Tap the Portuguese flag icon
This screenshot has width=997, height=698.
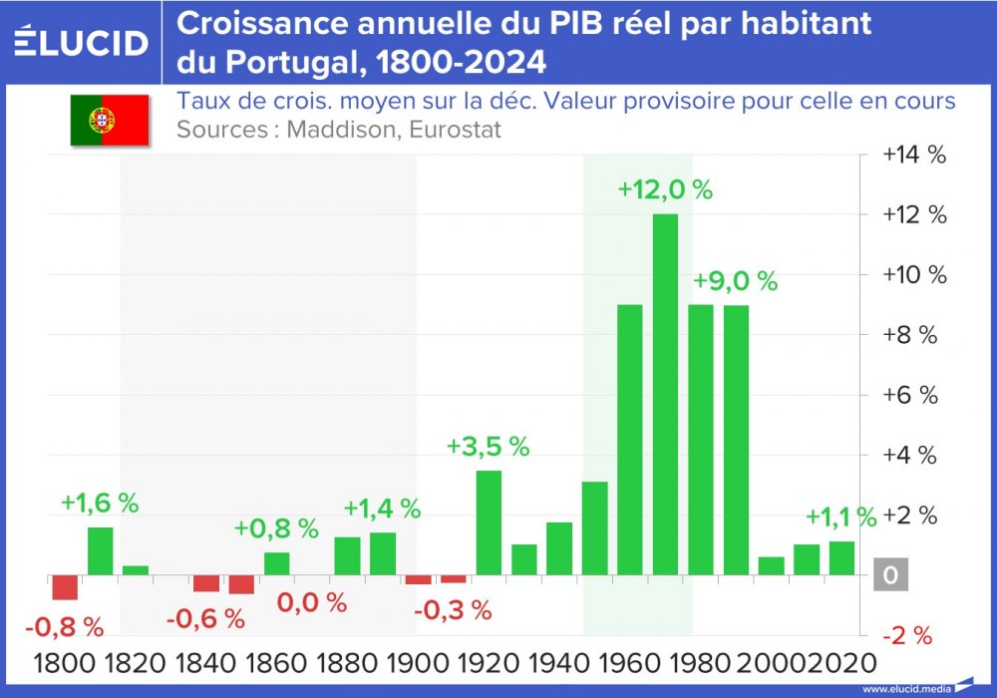109,121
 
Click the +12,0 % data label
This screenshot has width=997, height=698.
665,189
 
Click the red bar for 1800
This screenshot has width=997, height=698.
65,587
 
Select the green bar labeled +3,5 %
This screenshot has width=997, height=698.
489,523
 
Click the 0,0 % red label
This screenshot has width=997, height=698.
311,602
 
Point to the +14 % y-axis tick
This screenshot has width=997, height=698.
912,155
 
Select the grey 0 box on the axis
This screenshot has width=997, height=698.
891,576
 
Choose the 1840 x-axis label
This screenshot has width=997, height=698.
207,662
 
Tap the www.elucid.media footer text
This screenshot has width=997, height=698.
905,689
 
